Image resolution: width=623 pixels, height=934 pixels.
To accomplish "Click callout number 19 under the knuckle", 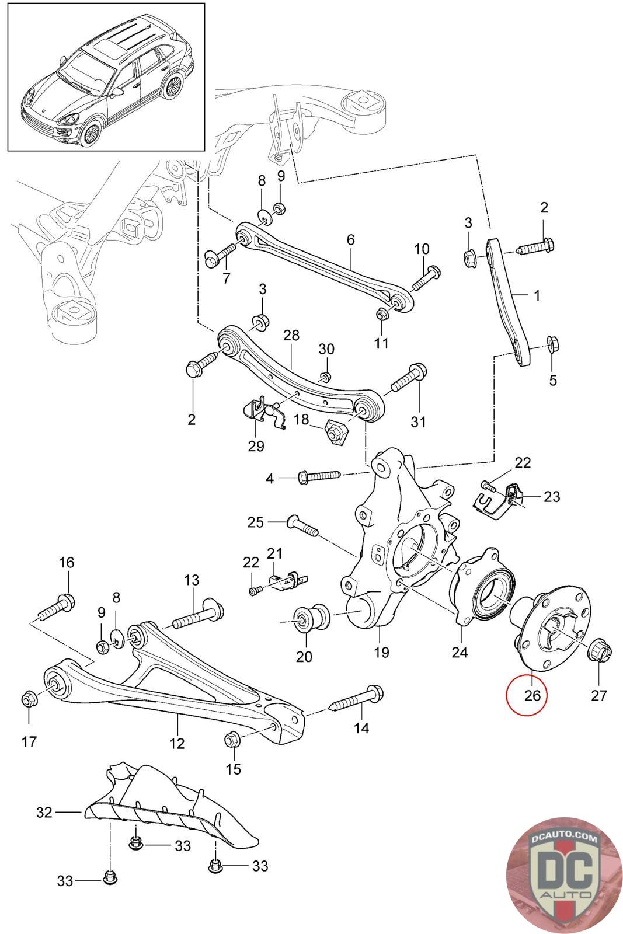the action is (381, 652).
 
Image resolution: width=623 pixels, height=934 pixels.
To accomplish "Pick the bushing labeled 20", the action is (312, 616).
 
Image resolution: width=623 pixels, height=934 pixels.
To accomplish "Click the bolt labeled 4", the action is (319, 476).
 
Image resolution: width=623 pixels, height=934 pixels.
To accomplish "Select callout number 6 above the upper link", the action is (350, 239).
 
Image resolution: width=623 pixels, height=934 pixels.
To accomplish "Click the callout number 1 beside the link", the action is (537, 295).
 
